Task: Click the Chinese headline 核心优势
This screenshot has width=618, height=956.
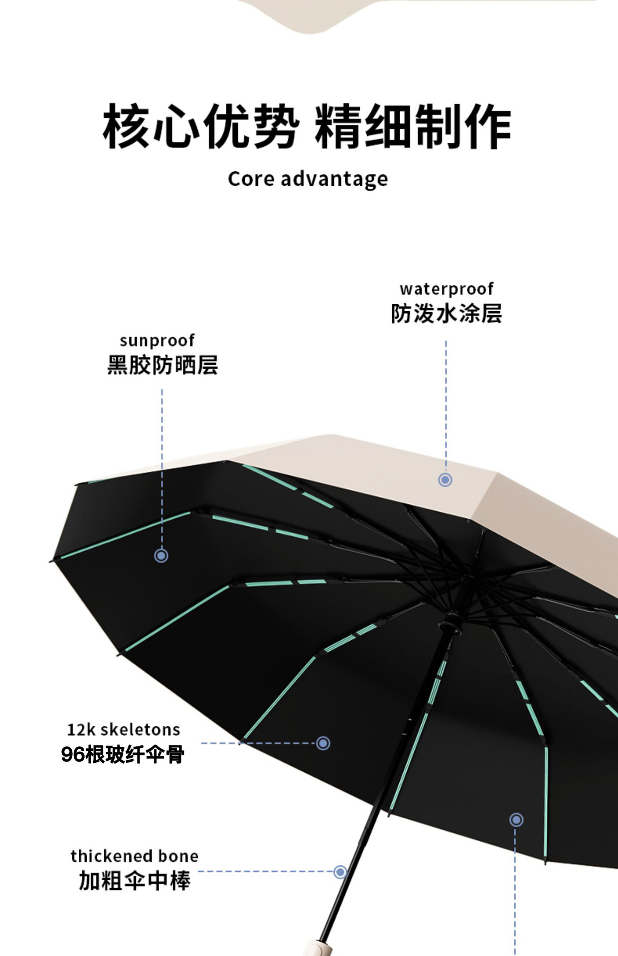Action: [x=201, y=126]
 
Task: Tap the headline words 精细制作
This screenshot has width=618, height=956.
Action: [x=413, y=126]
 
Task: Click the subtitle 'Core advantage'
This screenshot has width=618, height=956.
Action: [x=308, y=179]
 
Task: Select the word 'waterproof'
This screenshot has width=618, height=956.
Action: [x=446, y=289]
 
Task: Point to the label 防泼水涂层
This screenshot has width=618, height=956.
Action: [x=446, y=314]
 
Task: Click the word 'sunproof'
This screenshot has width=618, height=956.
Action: [x=157, y=341]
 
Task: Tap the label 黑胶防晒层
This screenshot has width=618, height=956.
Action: [x=162, y=365]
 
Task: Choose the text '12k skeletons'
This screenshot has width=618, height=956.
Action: [x=124, y=730]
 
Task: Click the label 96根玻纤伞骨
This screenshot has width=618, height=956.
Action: [x=123, y=754]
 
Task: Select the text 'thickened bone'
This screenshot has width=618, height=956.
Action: [x=135, y=856]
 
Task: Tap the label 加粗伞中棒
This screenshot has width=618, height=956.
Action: [x=135, y=881]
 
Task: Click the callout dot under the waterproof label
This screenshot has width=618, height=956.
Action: [x=445, y=479]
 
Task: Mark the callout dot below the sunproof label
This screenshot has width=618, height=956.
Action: [x=161, y=555]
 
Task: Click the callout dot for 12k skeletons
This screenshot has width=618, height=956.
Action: [x=323, y=743]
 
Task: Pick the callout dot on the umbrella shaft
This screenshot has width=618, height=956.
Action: [x=340, y=872]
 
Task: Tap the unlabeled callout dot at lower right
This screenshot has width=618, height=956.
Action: [x=516, y=820]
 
